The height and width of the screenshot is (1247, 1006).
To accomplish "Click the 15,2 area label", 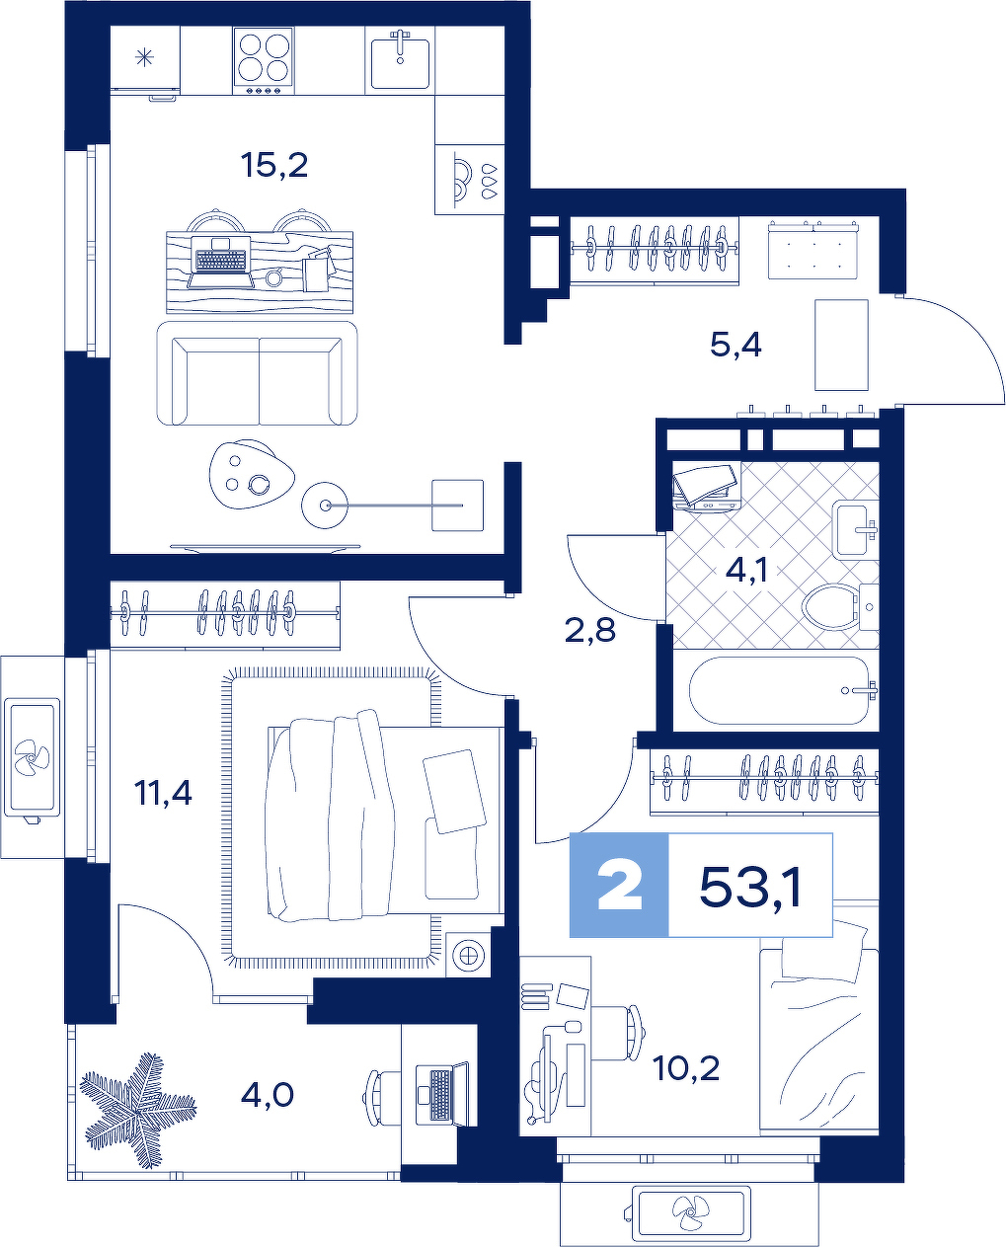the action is point(274,167).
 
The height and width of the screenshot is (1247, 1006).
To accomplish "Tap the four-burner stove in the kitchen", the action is point(264,61).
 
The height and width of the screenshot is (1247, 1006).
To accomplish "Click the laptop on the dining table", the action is point(220,262).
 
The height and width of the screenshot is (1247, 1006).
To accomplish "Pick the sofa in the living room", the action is point(257,373).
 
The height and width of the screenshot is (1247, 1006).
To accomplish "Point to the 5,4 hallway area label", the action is point(735,346).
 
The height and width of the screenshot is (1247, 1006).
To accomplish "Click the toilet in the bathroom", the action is point(839,606).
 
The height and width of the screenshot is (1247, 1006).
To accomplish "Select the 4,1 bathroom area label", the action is point(746,570).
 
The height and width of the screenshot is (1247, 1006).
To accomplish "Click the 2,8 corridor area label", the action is point(589,631).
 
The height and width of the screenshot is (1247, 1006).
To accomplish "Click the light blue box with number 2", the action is point(619,885).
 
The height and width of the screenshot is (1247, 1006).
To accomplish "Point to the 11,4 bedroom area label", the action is point(163,793).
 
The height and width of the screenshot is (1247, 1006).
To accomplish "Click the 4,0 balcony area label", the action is point(268,1095).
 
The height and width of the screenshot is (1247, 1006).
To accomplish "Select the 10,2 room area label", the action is point(685,1068).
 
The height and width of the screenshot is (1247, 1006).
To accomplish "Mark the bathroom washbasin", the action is point(855,529).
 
